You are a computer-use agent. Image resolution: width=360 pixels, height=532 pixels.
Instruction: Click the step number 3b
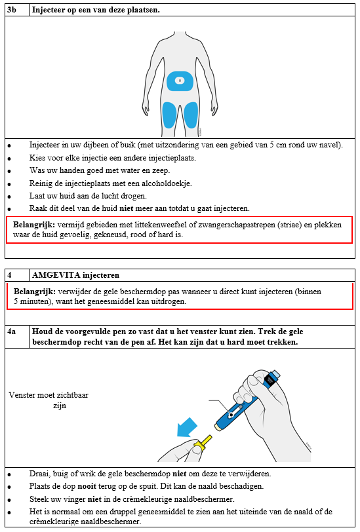click(x=12, y=10)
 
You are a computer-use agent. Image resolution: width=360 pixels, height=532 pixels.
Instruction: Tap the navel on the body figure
click(x=180, y=81)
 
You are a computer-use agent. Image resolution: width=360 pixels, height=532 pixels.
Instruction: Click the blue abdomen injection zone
click(x=180, y=81)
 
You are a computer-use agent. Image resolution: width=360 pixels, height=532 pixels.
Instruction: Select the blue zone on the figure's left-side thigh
click(x=169, y=115)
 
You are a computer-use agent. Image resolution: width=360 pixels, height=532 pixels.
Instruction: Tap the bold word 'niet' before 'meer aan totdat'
click(x=127, y=208)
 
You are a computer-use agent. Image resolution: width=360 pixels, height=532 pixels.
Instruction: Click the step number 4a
click(x=12, y=332)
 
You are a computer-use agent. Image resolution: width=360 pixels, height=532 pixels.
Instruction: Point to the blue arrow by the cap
click(x=187, y=427)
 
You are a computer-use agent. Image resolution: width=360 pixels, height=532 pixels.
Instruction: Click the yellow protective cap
click(x=203, y=443)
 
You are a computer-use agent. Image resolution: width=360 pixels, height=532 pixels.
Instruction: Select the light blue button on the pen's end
click(x=275, y=375)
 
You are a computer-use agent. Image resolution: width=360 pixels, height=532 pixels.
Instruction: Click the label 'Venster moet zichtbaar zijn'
click(x=49, y=400)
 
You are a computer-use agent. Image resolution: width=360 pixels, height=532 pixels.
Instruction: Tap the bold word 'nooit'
click(x=87, y=486)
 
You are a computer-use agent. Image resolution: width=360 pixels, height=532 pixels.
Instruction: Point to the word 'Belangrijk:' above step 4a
click(x=34, y=292)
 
